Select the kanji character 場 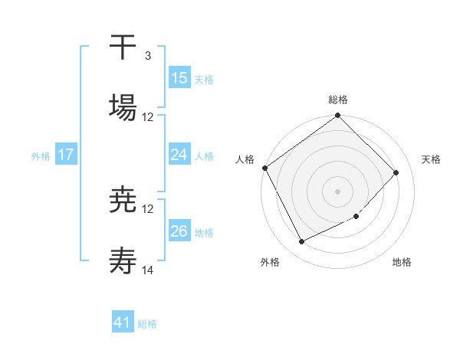(123, 106)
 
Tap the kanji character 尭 (123, 201)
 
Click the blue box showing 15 (179, 78)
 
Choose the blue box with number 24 (179, 155)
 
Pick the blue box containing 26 (179, 231)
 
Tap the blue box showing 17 (66, 155)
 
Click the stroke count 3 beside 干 (147, 56)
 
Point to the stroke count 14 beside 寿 (148, 270)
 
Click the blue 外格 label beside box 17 (41, 155)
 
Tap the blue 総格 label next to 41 (147, 324)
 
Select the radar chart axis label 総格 (338, 100)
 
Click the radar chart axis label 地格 (402, 263)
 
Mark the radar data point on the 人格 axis (265, 168)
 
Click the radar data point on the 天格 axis (396, 172)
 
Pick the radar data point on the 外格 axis (301, 242)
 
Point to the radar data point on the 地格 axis (356, 217)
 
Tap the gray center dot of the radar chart (338, 191)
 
